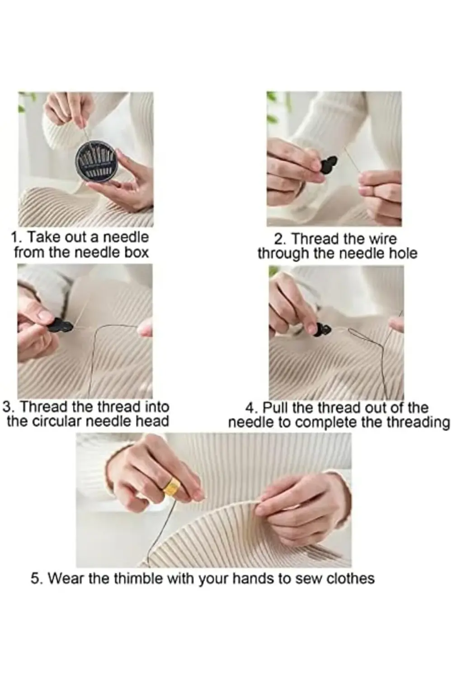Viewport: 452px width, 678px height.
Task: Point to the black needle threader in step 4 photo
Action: click(321, 330)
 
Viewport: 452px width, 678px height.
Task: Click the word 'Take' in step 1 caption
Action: click(44, 237)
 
